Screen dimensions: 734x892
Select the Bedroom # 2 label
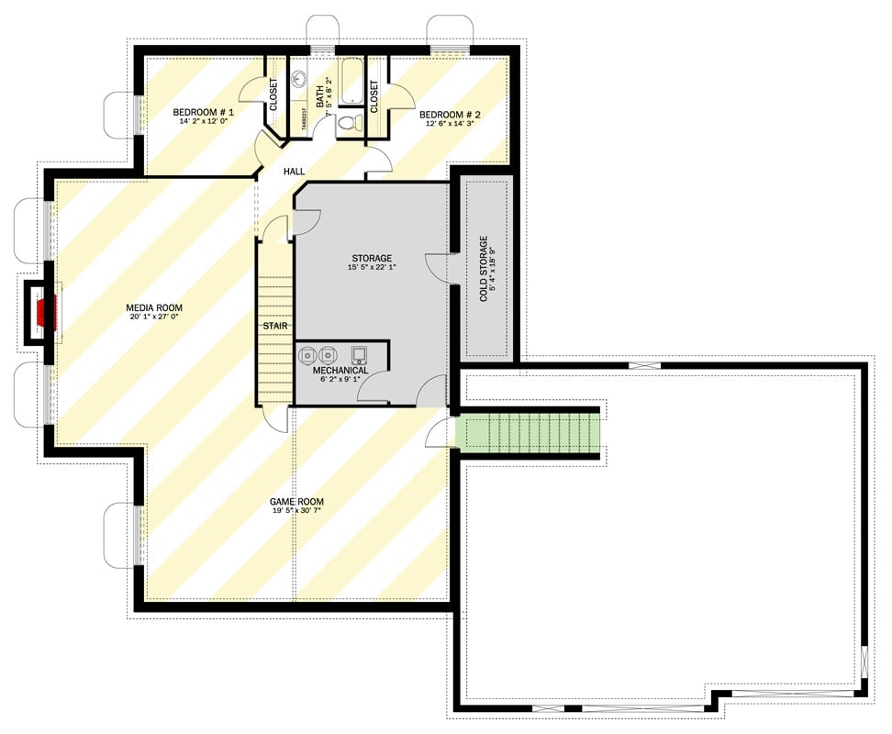pyautogui.click(x=450, y=116)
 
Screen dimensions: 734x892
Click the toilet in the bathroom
pyautogui.click(x=347, y=122)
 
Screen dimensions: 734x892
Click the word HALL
pyautogui.click(x=294, y=172)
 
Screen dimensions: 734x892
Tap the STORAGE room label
pyautogui.click(x=372, y=258)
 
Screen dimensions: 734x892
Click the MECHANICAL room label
pyautogui.click(x=340, y=371)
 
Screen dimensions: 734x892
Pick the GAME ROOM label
pyautogui.click(x=296, y=502)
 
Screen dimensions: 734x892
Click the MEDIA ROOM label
pyautogui.click(x=154, y=307)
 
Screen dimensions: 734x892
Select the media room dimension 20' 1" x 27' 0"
pyautogui.click(x=154, y=317)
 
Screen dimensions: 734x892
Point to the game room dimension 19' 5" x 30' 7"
pyautogui.click(x=296, y=511)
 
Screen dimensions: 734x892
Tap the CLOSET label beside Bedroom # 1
pyautogui.click(x=273, y=95)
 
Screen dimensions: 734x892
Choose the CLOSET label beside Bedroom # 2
pyautogui.click(x=374, y=96)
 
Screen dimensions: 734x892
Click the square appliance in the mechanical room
pyautogui.click(x=359, y=354)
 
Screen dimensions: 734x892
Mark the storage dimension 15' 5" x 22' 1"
pyautogui.click(x=372, y=268)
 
